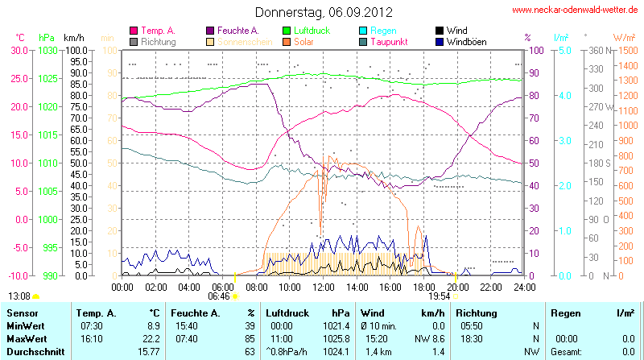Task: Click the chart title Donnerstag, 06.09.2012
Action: (x=324, y=12)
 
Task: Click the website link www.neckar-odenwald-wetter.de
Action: (x=575, y=10)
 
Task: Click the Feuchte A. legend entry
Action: (x=237, y=30)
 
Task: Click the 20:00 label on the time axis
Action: (x=457, y=286)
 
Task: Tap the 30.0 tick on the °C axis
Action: (x=18, y=50)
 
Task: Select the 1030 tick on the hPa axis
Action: (x=47, y=50)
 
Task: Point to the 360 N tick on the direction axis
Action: (x=597, y=50)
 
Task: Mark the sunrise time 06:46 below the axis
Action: (x=218, y=296)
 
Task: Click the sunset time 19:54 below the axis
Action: (x=439, y=296)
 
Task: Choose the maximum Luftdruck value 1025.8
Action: (x=337, y=338)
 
